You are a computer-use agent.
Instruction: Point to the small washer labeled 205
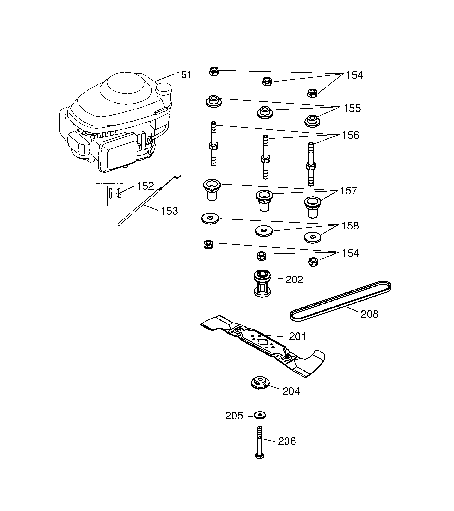tap(260, 415)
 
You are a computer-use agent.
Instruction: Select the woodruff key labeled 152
tap(119, 193)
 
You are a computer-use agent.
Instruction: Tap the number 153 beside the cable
tap(169, 211)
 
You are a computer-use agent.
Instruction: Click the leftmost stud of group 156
tap(213, 144)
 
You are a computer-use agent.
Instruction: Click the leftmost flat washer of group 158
tap(210, 219)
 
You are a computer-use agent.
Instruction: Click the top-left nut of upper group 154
tap(214, 72)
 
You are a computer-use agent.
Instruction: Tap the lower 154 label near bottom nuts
tap(350, 253)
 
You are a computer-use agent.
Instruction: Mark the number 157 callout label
tap(348, 191)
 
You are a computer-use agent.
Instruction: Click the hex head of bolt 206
tap(260, 456)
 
